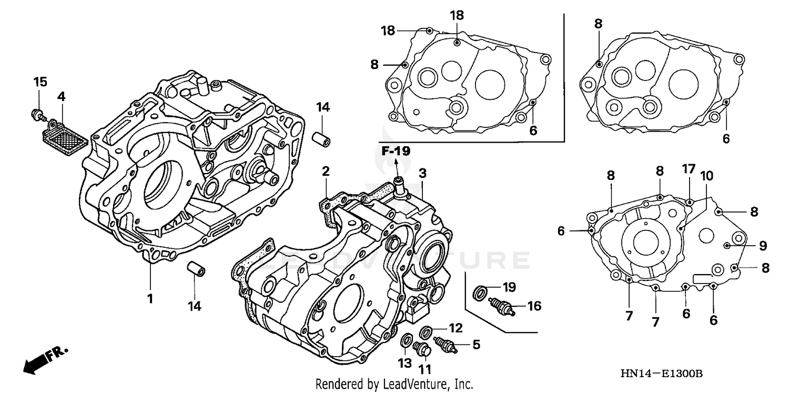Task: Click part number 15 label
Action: point(41,82)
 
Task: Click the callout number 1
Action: point(150,299)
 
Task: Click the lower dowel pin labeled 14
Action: point(196,269)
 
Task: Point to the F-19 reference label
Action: point(395,151)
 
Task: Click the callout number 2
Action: point(326,171)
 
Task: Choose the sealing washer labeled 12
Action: point(427,331)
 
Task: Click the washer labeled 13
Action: point(406,341)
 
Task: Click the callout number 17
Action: point(689,169)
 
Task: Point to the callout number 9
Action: point(763,245)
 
